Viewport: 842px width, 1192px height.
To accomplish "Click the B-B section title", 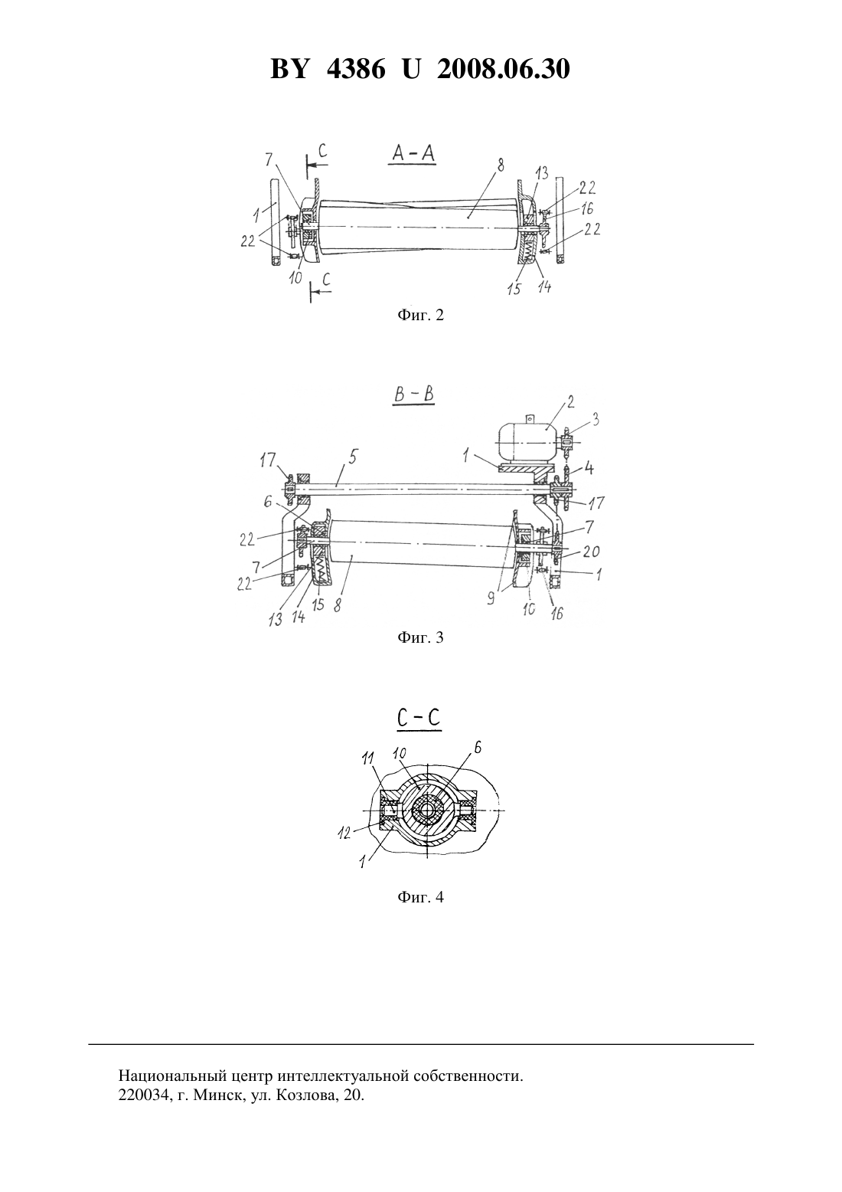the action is pos(413,395).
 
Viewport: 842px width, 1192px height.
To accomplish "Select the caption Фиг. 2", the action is pos(420,315).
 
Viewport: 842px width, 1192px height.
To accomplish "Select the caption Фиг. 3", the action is pos(420,637).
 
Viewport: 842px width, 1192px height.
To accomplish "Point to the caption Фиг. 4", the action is pos(420,896).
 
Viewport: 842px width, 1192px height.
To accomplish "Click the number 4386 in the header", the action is pos(356,69).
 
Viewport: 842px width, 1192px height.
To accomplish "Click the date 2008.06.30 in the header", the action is pos(504,69).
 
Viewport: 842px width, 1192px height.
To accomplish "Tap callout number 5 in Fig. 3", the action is pos(353,457).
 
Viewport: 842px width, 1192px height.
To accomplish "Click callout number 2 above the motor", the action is pos(570,402).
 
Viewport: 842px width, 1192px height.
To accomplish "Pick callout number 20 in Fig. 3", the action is pos(591,552).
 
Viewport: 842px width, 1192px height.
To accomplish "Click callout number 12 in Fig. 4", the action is pos(344,833).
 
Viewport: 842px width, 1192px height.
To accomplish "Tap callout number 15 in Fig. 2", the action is pos(514,288).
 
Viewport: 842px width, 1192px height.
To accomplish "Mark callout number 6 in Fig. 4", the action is pos(477,748).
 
